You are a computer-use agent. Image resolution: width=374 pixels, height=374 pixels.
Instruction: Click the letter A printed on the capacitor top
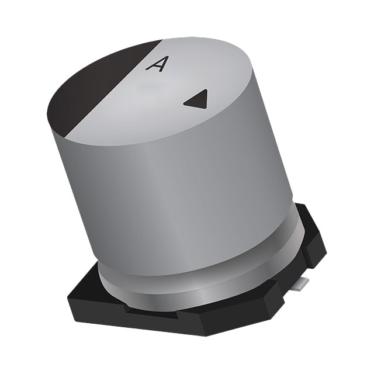(155, 64)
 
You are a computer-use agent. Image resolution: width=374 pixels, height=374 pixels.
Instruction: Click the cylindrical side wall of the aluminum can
(175, 187)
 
